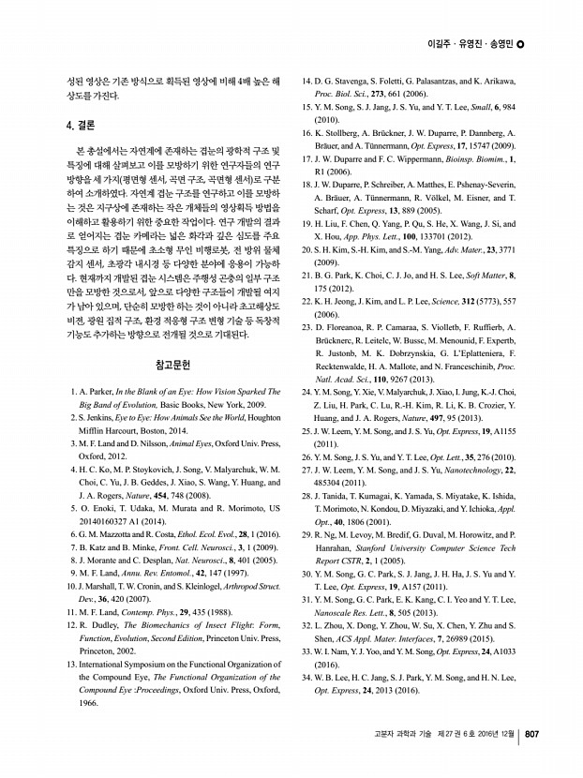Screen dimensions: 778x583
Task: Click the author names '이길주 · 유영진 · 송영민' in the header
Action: (x=471, y=44)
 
